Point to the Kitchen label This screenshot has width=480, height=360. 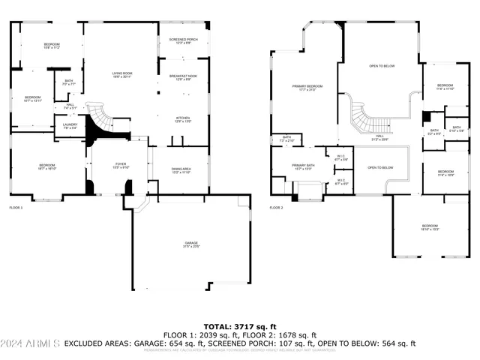point(183,119)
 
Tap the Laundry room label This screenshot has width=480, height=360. point(70,126)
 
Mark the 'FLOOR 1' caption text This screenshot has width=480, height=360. point(16,207)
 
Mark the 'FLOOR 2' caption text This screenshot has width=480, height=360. point(277,207)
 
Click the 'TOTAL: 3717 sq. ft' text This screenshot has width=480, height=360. point(240,327)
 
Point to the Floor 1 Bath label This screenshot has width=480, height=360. point(68,82)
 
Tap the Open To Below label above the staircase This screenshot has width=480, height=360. point(382,67)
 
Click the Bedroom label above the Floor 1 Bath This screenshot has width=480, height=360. point(51,46)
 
